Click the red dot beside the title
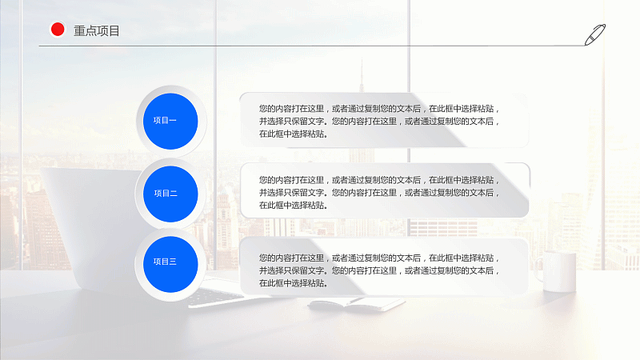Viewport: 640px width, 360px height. [x=58, y=30]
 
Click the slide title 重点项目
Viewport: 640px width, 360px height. [x=96, y=30]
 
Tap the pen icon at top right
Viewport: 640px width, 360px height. [x=595, y=34]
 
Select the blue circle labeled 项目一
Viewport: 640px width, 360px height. [x=170, y=121]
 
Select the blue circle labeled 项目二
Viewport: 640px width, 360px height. [x=170, y=194]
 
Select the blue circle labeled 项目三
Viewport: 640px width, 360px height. [x=170, y=264]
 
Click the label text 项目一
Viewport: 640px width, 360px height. [x=165, y=121]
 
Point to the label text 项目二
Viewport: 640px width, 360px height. [x=166, y=193]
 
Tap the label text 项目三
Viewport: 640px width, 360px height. [x=165, y=262]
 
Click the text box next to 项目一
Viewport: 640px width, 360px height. [x=384, y=120]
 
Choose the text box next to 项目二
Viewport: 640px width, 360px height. [x=385, y=190]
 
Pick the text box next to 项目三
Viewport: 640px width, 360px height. [x=384, y=266]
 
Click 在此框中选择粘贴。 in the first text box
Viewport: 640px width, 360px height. [x=294, y=134]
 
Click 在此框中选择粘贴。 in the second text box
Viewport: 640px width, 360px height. [x=294, y=206]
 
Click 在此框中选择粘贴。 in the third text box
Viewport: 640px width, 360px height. [x=294, y=283]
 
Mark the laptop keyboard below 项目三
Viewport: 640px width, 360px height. [x=212, y=294]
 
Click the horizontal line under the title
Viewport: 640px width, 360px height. [x=312, y=46]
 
